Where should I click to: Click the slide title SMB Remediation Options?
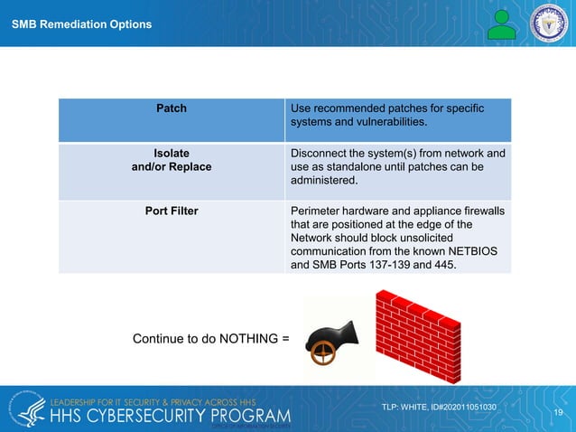tap(81, 24)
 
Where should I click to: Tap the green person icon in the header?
tap(502, 24)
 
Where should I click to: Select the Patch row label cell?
tap(172, 108)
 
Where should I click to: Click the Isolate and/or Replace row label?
tap(172, 160)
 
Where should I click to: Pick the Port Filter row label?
tap(172, 211)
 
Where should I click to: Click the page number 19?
tap(559, 413)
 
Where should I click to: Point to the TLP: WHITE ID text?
tap(439, 407)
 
